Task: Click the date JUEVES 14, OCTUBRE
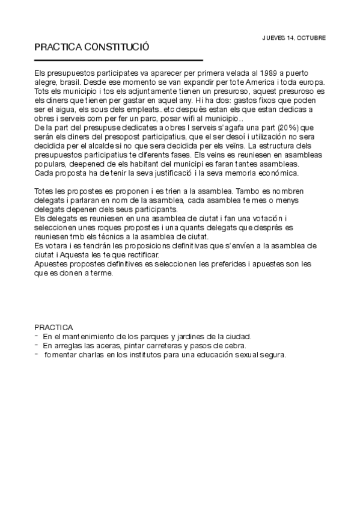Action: tap(294, 37)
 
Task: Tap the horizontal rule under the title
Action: tap(118, 60)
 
